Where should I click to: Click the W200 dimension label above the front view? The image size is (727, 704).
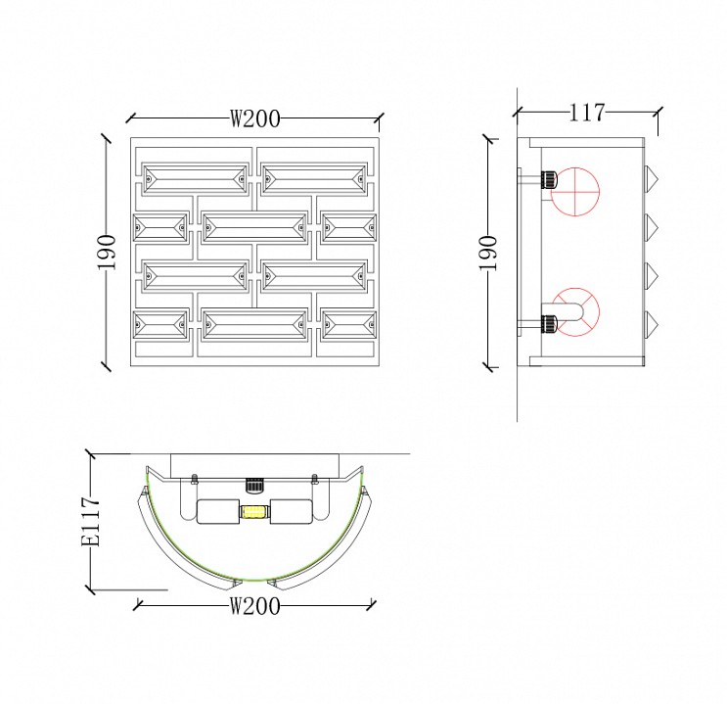(255, 118)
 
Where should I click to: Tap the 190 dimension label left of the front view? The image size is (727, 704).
(107, 252)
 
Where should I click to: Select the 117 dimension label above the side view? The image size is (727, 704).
(587, 113)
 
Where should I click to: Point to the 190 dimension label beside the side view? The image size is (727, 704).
(488, 253)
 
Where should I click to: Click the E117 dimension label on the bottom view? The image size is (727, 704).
(90, 522)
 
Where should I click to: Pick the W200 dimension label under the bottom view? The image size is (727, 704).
(255, 606)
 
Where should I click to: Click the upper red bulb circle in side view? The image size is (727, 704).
(575, 192)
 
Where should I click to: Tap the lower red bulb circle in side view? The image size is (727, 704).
(575, 312)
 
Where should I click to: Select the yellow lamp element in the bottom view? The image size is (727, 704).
(253, 512)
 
